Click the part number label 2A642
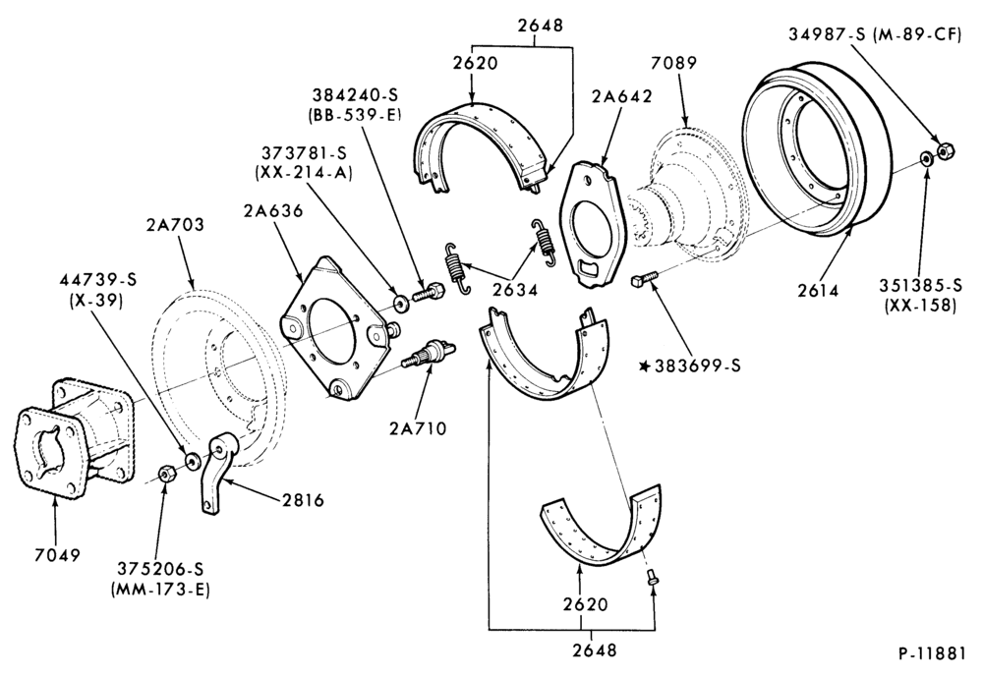click(621, 96)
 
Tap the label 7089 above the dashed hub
click(674, 63)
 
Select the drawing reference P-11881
click(932, 653)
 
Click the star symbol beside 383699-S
click(644, 366)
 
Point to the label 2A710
click(418, 428)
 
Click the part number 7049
click(58, 555)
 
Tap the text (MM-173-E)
click(160, 590)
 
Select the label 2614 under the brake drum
click(818, 290)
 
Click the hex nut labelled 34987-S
click(945, 150)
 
